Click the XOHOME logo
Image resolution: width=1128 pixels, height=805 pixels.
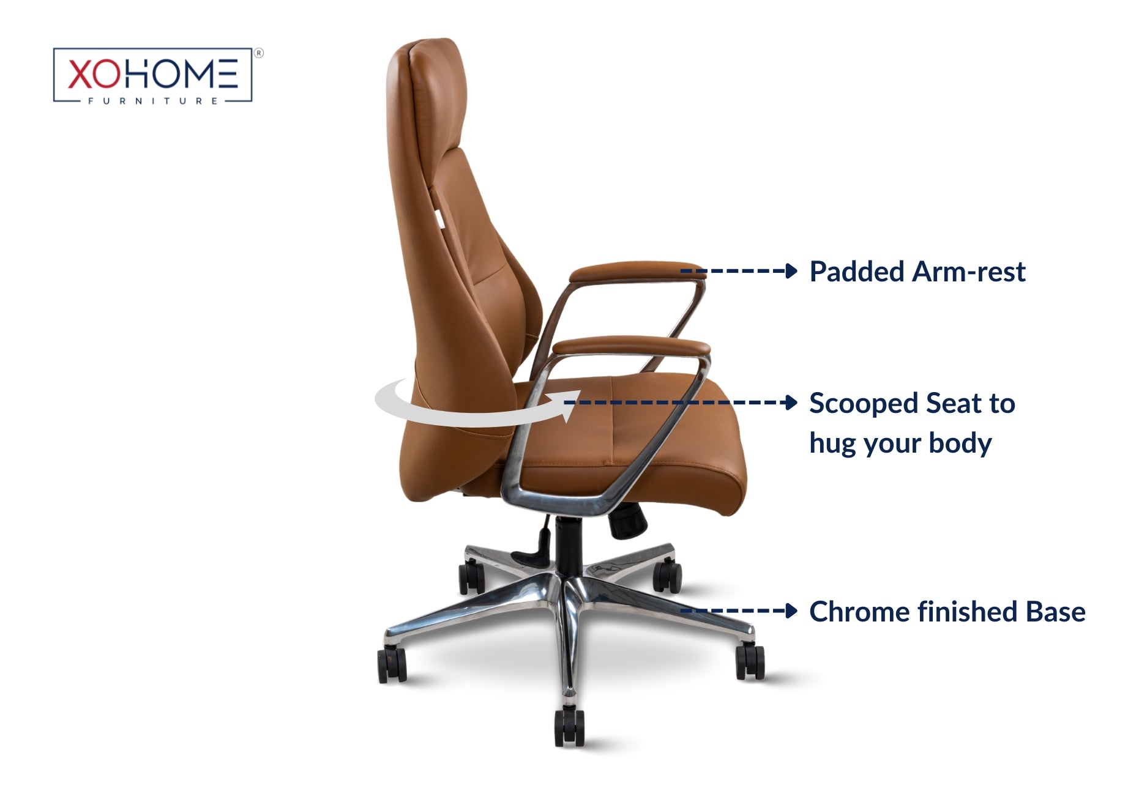[153, 75]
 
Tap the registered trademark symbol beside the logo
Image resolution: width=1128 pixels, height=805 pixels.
[259, 53]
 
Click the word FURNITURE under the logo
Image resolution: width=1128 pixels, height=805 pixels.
[153, 101]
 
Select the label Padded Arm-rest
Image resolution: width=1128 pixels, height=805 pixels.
[917, 272]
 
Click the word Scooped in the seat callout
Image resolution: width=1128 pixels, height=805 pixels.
[864, 404]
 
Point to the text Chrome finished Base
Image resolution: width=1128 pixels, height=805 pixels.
[947, 612]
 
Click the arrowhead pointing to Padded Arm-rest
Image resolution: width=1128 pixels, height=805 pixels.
[791, 271]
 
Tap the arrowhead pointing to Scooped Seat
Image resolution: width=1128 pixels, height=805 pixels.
[791, 402]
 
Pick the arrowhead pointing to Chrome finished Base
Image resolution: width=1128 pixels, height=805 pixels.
[791, 610]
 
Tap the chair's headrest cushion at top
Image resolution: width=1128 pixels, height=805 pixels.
[428, 92]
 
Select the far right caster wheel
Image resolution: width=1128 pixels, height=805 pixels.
[750, 661]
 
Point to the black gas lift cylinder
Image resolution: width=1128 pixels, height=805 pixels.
[569, 544]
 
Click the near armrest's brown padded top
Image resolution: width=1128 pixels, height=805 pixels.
[631, 346]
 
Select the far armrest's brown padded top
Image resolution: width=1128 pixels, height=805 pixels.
[637, 271]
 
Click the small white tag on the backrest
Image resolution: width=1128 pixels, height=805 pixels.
[439, 218]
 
